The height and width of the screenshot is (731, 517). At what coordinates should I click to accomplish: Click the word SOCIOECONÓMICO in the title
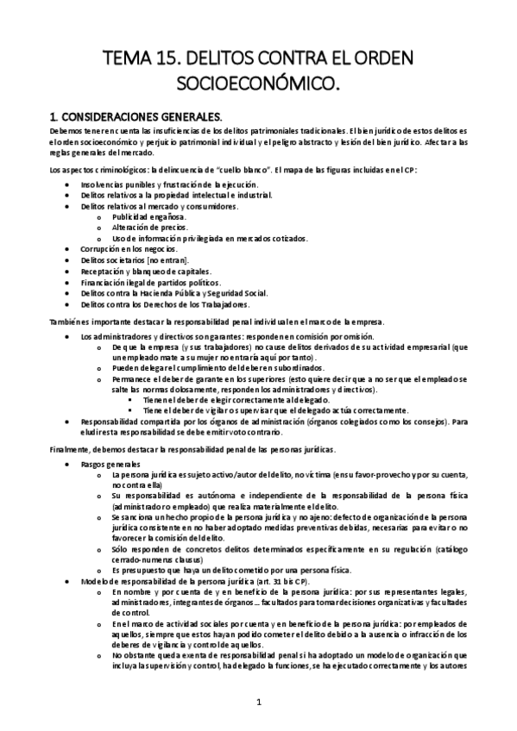258,84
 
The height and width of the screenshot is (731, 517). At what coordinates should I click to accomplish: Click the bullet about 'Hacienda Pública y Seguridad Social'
161,292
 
